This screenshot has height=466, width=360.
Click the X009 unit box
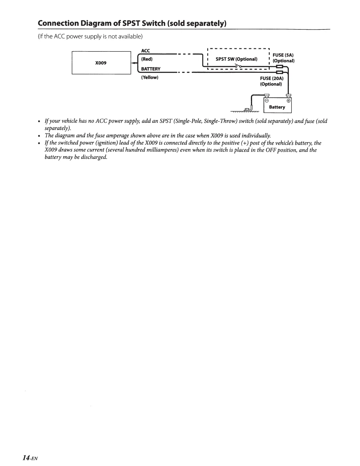(x=101, y=63)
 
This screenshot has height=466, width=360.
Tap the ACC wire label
(x=146, y=51)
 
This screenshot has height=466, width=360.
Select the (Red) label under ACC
(x=147, y=59)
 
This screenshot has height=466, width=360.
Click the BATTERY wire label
(x=151, y=69)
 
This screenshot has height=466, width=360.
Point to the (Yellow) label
(x=150, y=78)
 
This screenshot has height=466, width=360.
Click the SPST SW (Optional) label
(x=236, y=59)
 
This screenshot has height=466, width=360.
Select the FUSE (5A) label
(x=283, y=55)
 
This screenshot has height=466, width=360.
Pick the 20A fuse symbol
(x=279, y=72)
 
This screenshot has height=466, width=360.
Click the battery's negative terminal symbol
(x=267, y=101)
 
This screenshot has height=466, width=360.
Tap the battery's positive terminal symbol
(x=289, y=101)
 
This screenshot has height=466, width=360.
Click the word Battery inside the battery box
(x=277, y=107)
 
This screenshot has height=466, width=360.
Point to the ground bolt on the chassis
(x=247, y=109)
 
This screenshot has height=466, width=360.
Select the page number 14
(x=26, y=458)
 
